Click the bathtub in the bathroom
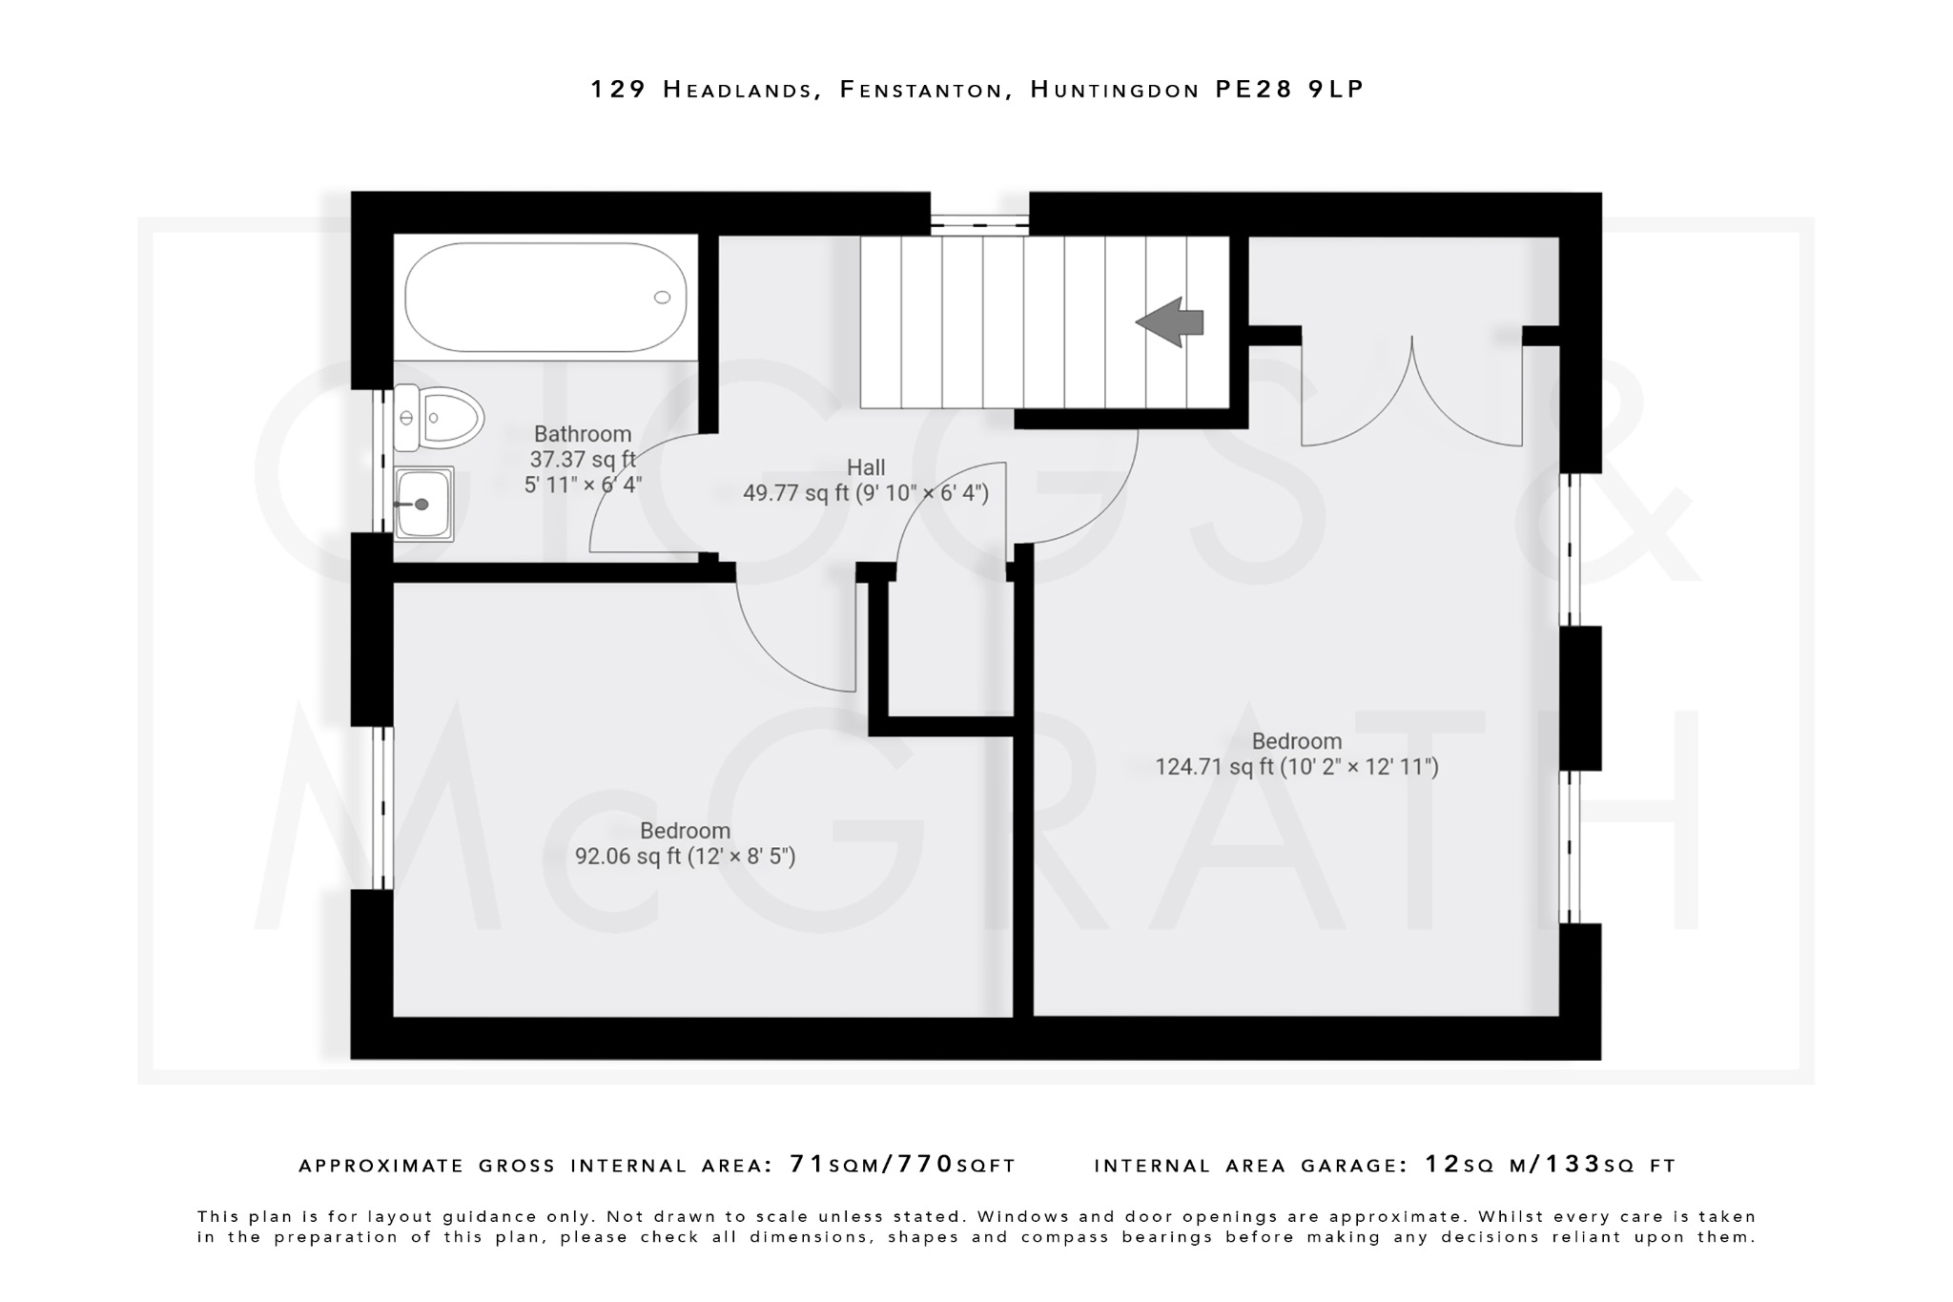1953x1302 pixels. tap(545, 297)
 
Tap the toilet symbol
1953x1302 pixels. tap(440, 418)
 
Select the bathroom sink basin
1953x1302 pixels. tap(424, 504)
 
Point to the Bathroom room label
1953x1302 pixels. tap(582, 434)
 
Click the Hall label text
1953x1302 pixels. tap(866, 467)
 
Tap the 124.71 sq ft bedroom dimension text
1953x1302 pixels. tap(1296, 767)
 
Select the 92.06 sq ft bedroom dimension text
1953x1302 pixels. tap(685, 857)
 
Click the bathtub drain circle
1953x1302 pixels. tap(662, 298)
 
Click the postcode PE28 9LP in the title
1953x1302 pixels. tap(1289, 90)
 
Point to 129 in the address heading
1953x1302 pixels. tap(619, 90)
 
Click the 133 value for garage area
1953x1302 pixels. tap(1573, 1165)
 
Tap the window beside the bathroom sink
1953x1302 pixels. tap(381, 460)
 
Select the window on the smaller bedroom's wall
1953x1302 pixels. tap(382, 808)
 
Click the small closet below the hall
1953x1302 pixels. tap(951, 649)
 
